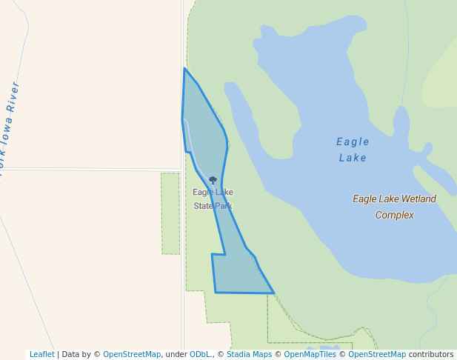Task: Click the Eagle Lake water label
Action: [x=353, y=149]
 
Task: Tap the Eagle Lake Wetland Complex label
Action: [x=394, y=207]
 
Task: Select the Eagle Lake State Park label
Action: [x=213, y=199]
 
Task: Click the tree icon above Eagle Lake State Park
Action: [x=213, y=180]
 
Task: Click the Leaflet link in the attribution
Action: [x=41, y=354]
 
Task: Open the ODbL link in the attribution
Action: [x=200, y=354]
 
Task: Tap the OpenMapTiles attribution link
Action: [x=310, y=354]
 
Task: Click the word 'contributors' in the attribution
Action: [x=430, y=354]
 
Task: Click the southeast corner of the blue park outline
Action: [x=274, y=293]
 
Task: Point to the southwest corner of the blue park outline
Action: [x=216, y=293]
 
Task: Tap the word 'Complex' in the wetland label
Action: [x=394, y=215]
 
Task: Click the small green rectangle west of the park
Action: [x=170, y=213]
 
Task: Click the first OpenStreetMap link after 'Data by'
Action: [x=131, y=354]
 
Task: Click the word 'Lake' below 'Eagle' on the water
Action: [x=353, y=158]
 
